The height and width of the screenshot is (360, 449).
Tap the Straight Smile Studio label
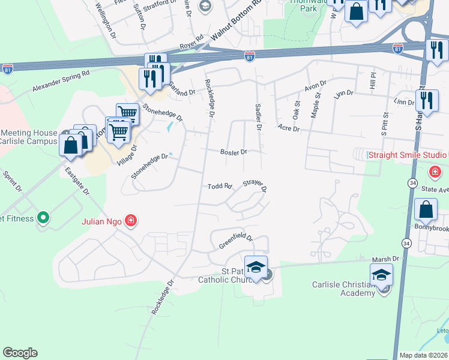(407, 155)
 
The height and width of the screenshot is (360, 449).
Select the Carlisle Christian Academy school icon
(381, 276)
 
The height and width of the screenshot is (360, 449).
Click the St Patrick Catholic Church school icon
(256, 268)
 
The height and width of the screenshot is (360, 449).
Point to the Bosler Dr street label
(234, 152)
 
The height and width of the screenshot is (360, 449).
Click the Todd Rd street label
(219, 187)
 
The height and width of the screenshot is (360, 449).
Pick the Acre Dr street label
(288, 127)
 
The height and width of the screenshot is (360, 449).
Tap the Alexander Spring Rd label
(61, 80)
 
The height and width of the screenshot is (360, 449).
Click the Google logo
(20, 353)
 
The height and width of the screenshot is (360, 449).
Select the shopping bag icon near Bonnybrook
(426, 211)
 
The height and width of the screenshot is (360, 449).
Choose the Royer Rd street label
(192, 45)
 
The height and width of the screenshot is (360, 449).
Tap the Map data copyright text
(423, 355)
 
